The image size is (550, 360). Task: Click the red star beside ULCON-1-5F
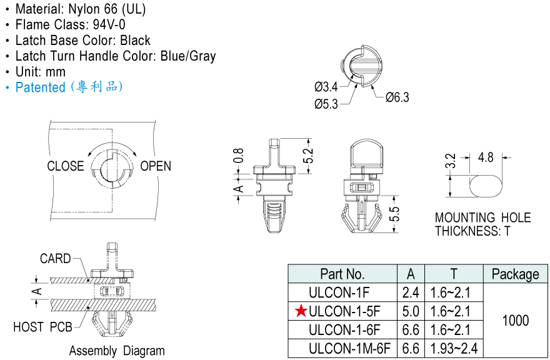coord(301,311)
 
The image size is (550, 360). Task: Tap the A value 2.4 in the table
coord(411,292)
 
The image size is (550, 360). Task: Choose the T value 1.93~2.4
coord(454,348)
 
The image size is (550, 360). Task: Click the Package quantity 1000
coord(515,321)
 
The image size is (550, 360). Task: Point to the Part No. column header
coord(342,274)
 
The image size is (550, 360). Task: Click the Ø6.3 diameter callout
coord(397,97)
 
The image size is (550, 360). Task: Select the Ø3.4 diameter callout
coord(326,86)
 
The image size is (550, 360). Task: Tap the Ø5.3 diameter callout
coord(326,104)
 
